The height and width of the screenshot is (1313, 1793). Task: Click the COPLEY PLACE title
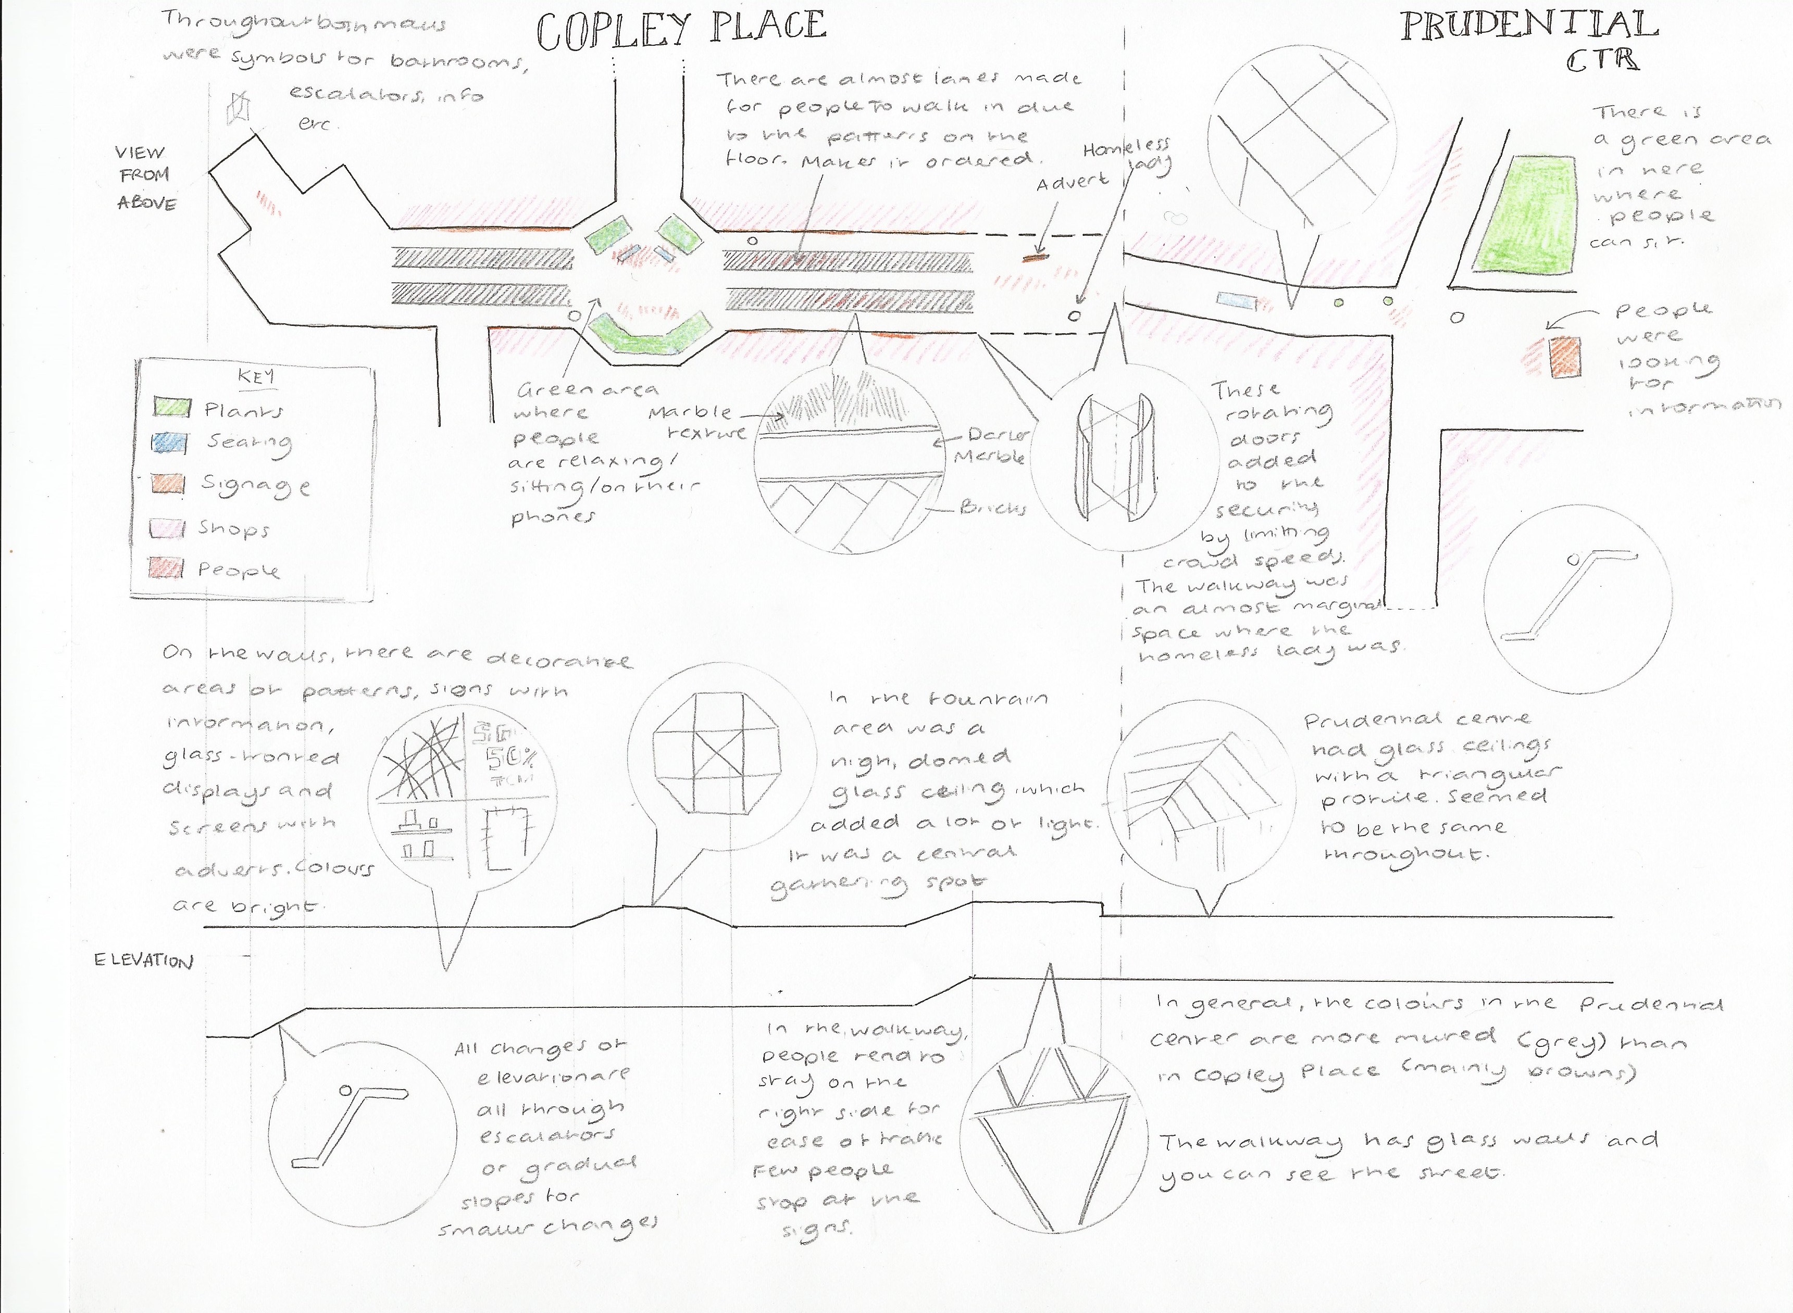681,30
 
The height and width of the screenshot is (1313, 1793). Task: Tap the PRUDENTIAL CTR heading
1528,38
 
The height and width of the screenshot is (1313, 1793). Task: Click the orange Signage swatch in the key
169,484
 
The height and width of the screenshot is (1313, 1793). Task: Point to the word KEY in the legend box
255,377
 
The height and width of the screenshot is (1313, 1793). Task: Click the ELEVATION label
143,961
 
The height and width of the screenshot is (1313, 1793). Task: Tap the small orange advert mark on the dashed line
1034,258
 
